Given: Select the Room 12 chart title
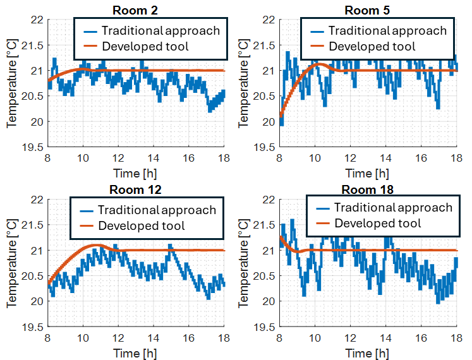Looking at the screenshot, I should (136, 189).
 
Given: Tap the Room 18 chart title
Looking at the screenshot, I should (367, 189).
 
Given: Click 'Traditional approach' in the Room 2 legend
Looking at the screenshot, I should (160, 30).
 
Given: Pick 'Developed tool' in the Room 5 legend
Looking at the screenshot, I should (372, 46).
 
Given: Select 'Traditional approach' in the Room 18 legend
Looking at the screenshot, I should (393, 207).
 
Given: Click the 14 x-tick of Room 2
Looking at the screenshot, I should (154, 158).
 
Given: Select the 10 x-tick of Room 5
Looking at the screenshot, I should (315, 158).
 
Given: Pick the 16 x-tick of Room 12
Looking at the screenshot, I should (189, 338).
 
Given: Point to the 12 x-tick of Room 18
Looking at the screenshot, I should (349, 338).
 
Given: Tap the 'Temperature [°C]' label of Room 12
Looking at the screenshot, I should (11, 263).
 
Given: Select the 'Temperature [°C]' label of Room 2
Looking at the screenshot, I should (11, 83).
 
